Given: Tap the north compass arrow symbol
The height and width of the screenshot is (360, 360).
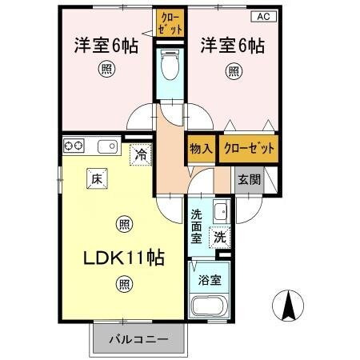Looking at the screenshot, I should click(x=290, y=305).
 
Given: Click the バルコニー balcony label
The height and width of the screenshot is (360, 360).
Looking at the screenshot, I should click(x=138, y=338).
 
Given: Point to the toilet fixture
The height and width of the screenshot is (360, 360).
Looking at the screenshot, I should click(x=170, y=64).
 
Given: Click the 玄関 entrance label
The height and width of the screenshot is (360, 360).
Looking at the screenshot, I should click(x=249, y=180).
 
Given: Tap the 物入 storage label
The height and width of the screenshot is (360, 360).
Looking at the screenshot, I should click(x=201, y=149).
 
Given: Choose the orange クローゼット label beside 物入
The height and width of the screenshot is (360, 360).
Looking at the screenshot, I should click(x=250, y=149).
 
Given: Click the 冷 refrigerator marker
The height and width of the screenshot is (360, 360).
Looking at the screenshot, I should click(x=140, y=154).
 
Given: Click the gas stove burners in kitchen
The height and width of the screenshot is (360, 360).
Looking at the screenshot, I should click(x=74, y=146).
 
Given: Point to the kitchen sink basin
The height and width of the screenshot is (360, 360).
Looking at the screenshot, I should click(x=106, y=146).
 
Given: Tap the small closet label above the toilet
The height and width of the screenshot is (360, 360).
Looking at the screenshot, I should click(x=170, y=22).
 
